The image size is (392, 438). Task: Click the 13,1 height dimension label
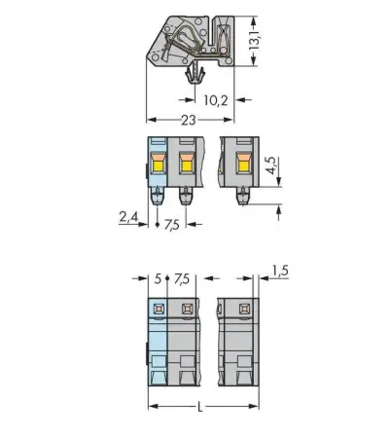(255, 40)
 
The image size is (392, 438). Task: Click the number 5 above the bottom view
(158, 279)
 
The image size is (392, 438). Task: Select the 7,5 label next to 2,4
(171, 225)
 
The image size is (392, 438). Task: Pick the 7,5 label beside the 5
(180, 279)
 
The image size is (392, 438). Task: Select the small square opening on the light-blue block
(159, 310)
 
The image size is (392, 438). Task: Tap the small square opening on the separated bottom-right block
(240, 310)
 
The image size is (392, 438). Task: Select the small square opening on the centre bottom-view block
(186, 310)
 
